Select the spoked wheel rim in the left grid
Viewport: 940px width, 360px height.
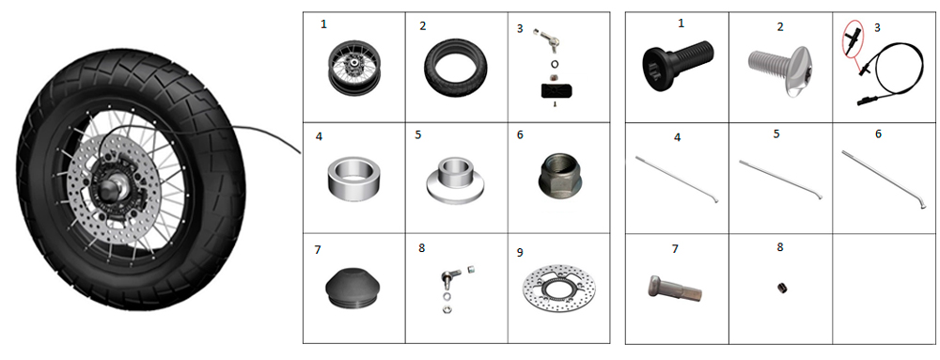click(x=354, y=69)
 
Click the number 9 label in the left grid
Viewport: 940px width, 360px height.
click(x=519, y=252)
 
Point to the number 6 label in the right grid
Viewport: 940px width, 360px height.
click(x=878, y=133)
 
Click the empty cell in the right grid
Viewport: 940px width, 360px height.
click(x=885, y=289)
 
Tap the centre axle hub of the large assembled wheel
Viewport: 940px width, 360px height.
click(x=114, y=192)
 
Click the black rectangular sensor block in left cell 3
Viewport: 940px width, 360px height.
click(x=556, y=91)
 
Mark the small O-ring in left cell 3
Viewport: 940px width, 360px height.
click(x=554, y=64)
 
